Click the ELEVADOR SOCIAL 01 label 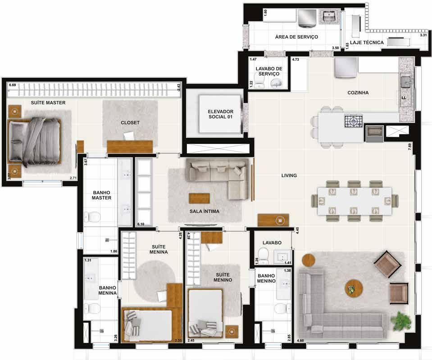220,114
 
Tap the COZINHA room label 358,93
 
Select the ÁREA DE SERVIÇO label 296,37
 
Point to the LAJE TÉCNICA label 367,43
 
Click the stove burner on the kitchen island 353,121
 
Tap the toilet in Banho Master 91,216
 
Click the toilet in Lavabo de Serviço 259,82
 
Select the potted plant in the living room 401,321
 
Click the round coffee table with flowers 354,288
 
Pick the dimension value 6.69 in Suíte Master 13,85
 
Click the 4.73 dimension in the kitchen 296,59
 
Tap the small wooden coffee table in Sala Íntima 199,198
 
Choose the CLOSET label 130,123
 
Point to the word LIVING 289,175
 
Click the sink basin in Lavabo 282,257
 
